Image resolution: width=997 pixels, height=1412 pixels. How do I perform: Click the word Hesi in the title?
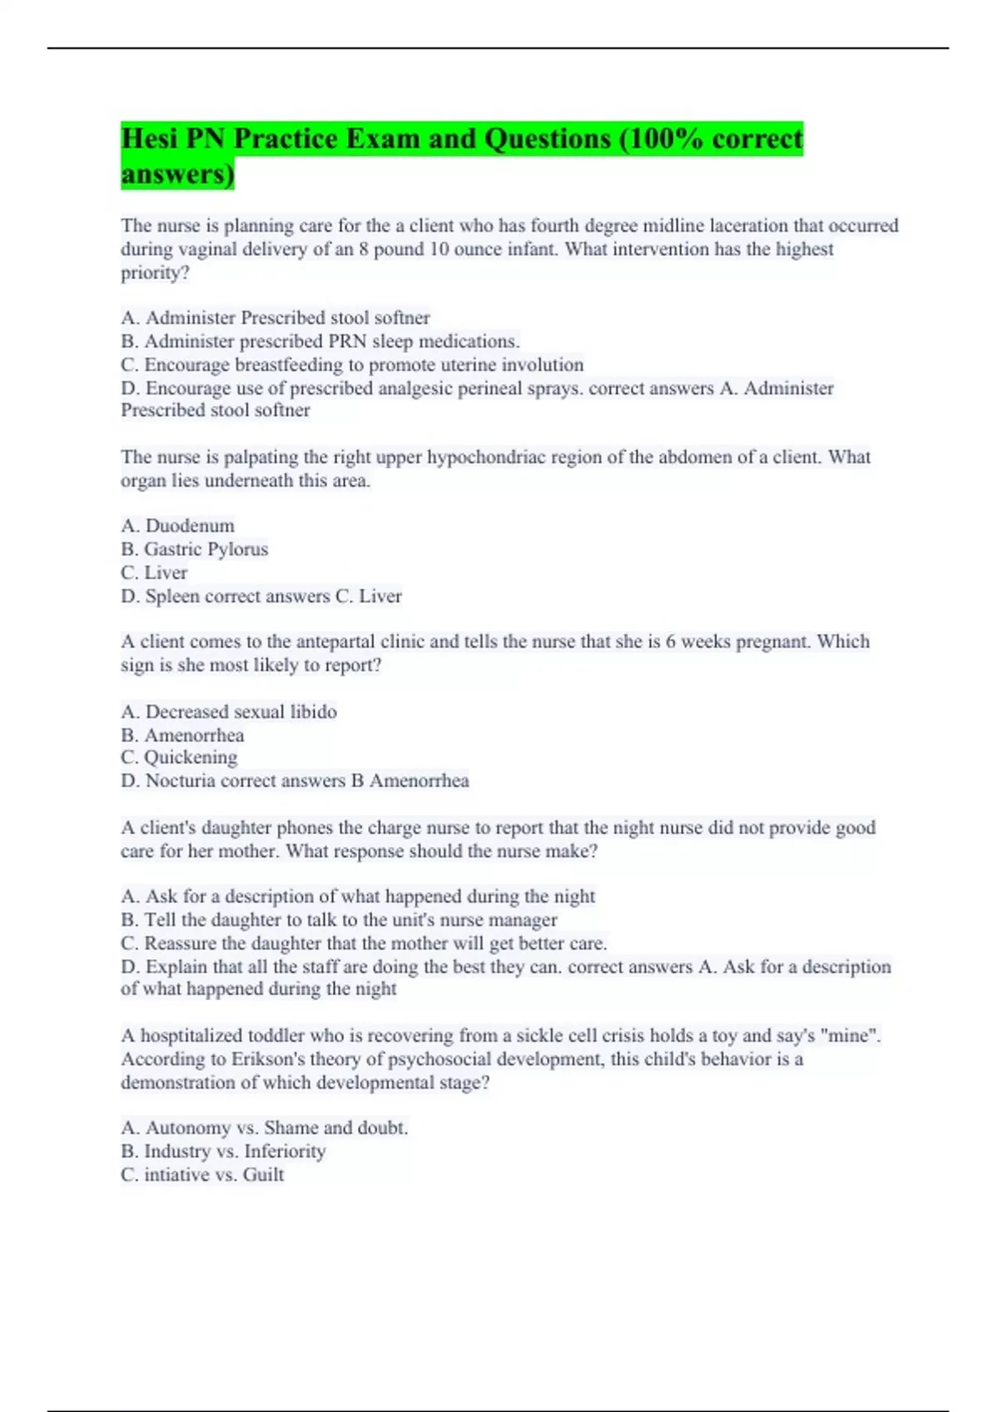point(150,139)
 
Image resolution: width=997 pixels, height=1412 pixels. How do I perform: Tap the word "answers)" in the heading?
point(178,174)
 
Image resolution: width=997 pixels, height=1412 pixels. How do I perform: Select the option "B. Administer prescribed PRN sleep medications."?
point(321,341)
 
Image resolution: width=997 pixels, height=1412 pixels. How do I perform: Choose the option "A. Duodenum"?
point(178,526)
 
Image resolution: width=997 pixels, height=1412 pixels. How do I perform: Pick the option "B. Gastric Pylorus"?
point(194,549)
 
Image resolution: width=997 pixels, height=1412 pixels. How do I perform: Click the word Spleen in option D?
point(173,596)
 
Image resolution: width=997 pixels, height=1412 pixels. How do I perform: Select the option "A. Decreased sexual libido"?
point(228,712)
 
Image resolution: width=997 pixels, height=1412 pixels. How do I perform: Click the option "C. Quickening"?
point(179,757)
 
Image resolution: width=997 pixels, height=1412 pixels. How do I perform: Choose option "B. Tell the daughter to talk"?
point(339,920)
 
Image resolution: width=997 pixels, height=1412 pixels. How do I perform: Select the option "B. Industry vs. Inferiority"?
point(223,1151)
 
